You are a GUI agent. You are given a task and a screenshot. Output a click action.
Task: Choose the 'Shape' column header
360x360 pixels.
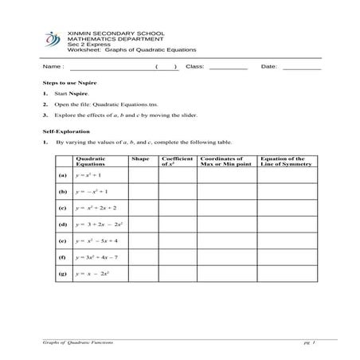(140, 159)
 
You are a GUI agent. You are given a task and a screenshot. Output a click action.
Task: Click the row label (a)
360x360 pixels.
(62, 175)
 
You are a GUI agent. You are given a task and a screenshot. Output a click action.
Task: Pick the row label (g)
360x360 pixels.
(62, 273)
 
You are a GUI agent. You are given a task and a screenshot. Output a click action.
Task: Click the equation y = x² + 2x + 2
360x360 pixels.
(97, 208)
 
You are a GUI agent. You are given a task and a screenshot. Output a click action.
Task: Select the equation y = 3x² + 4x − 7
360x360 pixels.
(97, 257)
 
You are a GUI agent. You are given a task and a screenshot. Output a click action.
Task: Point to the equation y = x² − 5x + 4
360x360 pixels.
(97, 241)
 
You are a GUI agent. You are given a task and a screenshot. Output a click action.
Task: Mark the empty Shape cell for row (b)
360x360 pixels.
(140, 192)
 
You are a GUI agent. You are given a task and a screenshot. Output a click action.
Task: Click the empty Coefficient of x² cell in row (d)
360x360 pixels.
(178, 225)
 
